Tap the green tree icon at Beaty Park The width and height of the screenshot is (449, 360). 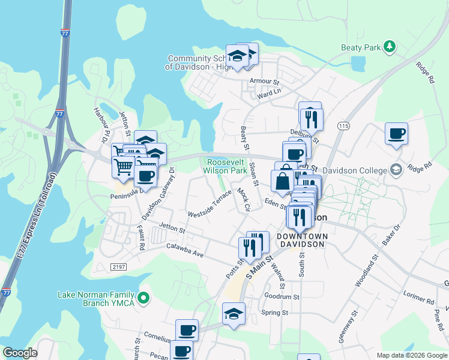(390, 46)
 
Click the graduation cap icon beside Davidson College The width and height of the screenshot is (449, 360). (396, 170)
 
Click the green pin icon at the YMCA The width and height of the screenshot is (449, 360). (143, 298)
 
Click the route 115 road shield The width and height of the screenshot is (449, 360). (343, 125)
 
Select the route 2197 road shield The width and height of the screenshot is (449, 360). (119, 266)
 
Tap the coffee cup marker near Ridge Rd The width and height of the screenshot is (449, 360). (397, 134)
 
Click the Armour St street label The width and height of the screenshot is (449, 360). (265, 81)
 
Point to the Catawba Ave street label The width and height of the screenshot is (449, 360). (185, 251)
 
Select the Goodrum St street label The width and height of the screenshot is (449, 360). (282, 296)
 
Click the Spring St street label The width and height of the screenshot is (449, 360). (275, 313)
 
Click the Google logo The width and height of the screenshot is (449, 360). (20, 353)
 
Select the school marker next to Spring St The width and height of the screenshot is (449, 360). (234, 314)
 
